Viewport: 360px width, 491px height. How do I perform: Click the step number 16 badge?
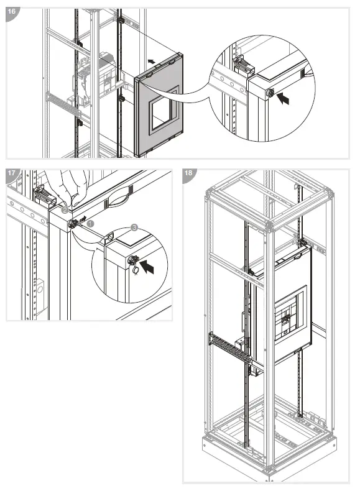[x=12, y=12]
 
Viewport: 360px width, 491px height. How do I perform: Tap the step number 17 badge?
[x=12, y=173]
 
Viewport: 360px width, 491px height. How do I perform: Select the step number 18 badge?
[x=188, y=173]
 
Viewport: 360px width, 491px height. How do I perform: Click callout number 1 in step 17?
[x=90, y=224]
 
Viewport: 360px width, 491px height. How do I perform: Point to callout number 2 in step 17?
[x=65, y=210]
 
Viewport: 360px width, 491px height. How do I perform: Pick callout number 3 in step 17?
[x=134, y=227]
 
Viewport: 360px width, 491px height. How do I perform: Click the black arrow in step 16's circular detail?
[x=284, y=97]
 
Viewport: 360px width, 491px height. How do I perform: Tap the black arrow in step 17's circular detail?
[x=147, y=267]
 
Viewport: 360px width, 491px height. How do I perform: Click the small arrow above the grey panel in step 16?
[x=152, y=61]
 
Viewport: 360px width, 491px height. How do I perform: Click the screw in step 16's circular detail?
[x=269, y=93]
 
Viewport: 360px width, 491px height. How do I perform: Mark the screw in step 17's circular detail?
[x=134, y=260]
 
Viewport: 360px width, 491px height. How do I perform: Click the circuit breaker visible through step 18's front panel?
[x=285, y=319]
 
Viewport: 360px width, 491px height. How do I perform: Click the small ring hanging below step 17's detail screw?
[x=136, y=270]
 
